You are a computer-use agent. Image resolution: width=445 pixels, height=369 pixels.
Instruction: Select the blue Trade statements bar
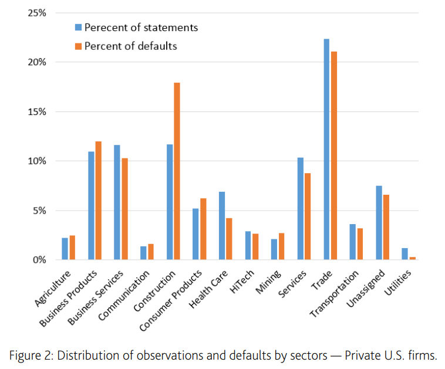pyautogui.click(x=326, y=149)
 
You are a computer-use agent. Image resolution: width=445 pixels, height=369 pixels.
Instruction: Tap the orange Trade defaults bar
pyautogui.click(x=334, y=155)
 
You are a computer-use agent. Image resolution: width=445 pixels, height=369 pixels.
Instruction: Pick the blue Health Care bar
pyautogui.click(x=222, y=225)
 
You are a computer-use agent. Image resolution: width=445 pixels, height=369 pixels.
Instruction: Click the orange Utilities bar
pyautogui.click(x=413, y=258)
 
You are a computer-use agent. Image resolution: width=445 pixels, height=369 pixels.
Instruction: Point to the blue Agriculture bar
pyautogui.click(x=65, y=249)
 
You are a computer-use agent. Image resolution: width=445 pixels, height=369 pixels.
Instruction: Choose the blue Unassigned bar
pyautogui.click(x=379, y=222)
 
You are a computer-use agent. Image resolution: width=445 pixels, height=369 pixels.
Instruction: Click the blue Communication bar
pyautogui.click(x=143, y=253)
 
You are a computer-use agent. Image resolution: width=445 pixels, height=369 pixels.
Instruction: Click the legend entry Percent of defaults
pyautogui.click(x=130, y=46)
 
